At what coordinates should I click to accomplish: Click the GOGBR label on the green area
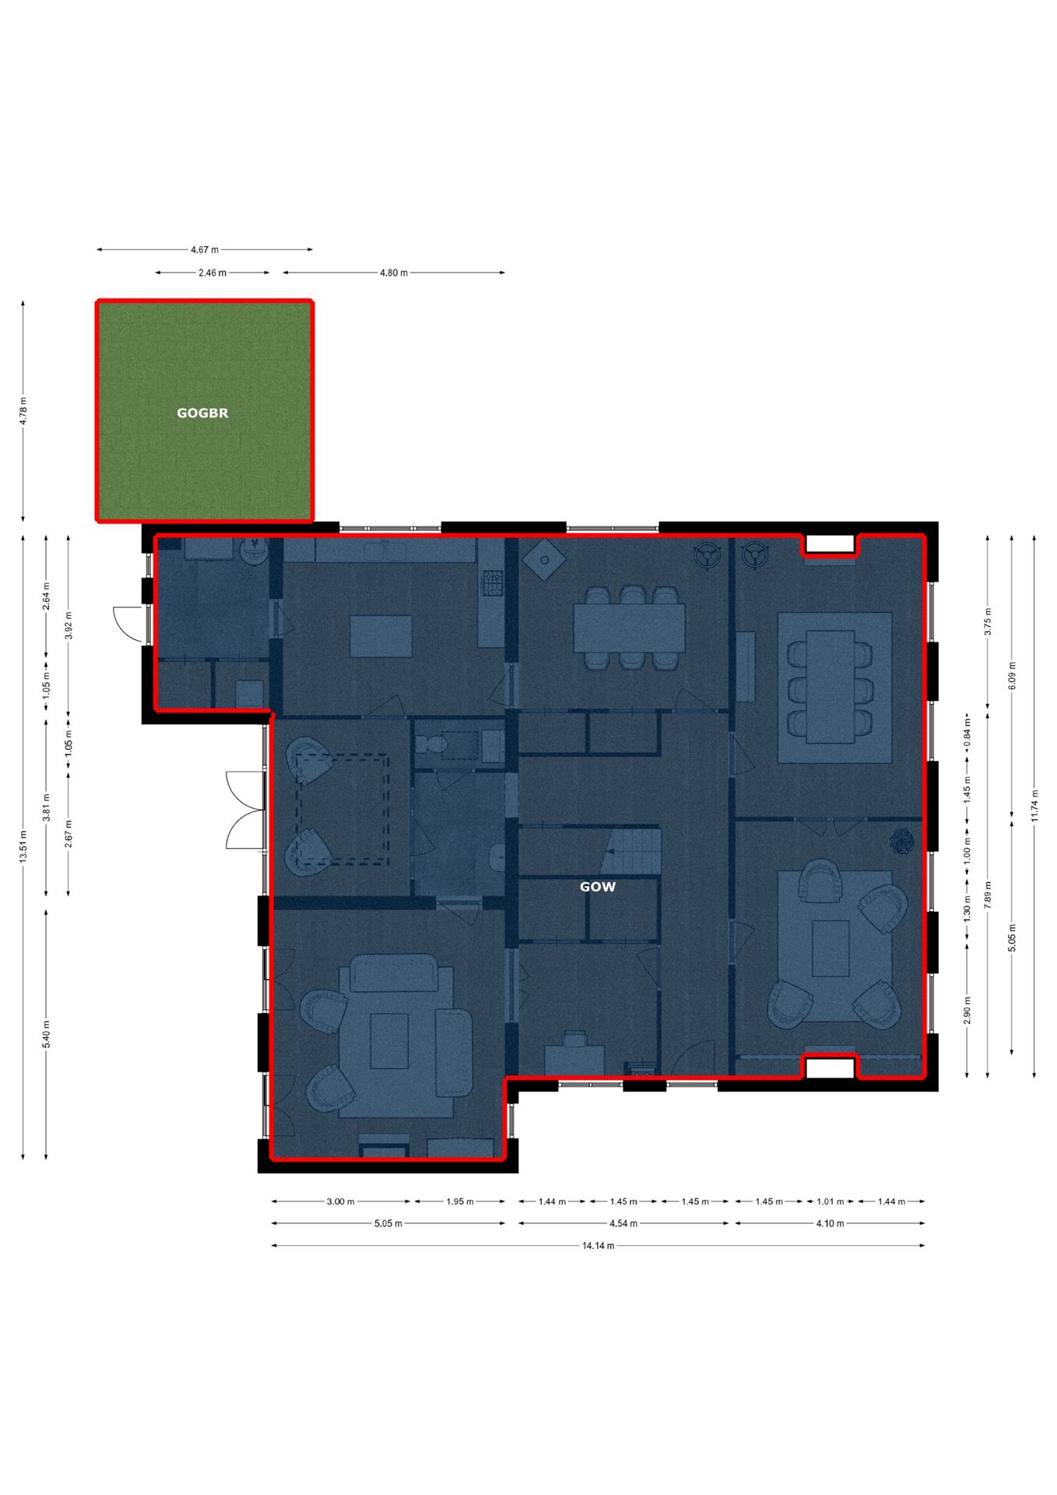tap(202, 413)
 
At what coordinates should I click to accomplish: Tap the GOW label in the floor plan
tap(597, 886)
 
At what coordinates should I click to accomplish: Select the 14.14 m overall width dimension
tap(598, 1245)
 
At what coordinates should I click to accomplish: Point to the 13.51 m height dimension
tap(23, 846)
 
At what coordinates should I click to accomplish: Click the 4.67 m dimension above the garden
tap(205, 250)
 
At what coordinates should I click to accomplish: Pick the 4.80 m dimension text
tap(393, 273)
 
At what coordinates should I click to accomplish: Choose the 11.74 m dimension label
tap(1034, 806)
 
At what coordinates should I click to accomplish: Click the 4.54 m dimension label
tap(623, 1223)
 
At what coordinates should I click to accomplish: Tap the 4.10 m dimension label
tap(830, 1223)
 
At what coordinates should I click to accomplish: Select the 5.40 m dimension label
tap(46, 1034)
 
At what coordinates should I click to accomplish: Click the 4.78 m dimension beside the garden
tap(23, 411)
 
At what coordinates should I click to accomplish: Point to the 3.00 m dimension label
tap(340, 1201)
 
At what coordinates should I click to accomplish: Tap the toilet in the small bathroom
tap(430, 744)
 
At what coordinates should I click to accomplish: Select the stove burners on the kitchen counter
tap(493, 583)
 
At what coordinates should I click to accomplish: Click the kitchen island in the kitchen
tap(381, 636)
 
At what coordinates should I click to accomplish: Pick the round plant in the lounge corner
tap(902, 842)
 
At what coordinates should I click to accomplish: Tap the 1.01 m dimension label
tap(830, 1201)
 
